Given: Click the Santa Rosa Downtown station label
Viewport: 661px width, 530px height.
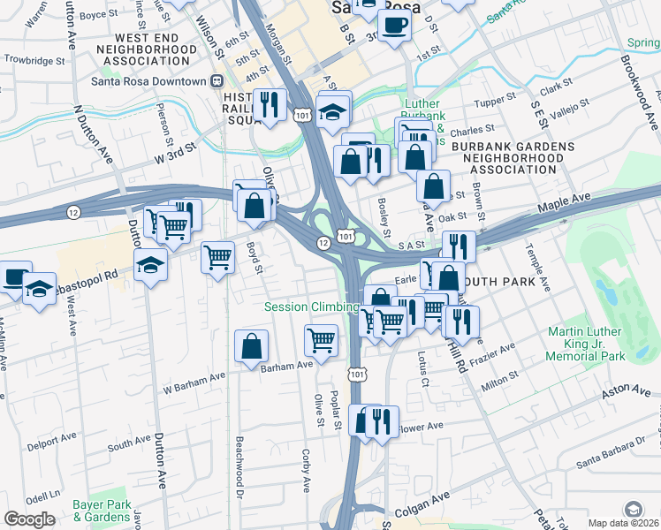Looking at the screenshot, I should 148,81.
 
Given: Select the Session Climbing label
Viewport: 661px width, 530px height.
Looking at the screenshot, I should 312,307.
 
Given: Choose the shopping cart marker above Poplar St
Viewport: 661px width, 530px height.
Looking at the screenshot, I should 322,339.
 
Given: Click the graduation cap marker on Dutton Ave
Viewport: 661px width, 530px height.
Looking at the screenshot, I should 150,263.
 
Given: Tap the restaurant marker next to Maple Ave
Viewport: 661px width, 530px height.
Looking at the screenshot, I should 459,246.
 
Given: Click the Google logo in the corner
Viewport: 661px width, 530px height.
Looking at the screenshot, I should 29,519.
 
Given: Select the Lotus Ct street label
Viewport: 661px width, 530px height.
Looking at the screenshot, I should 422,369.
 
